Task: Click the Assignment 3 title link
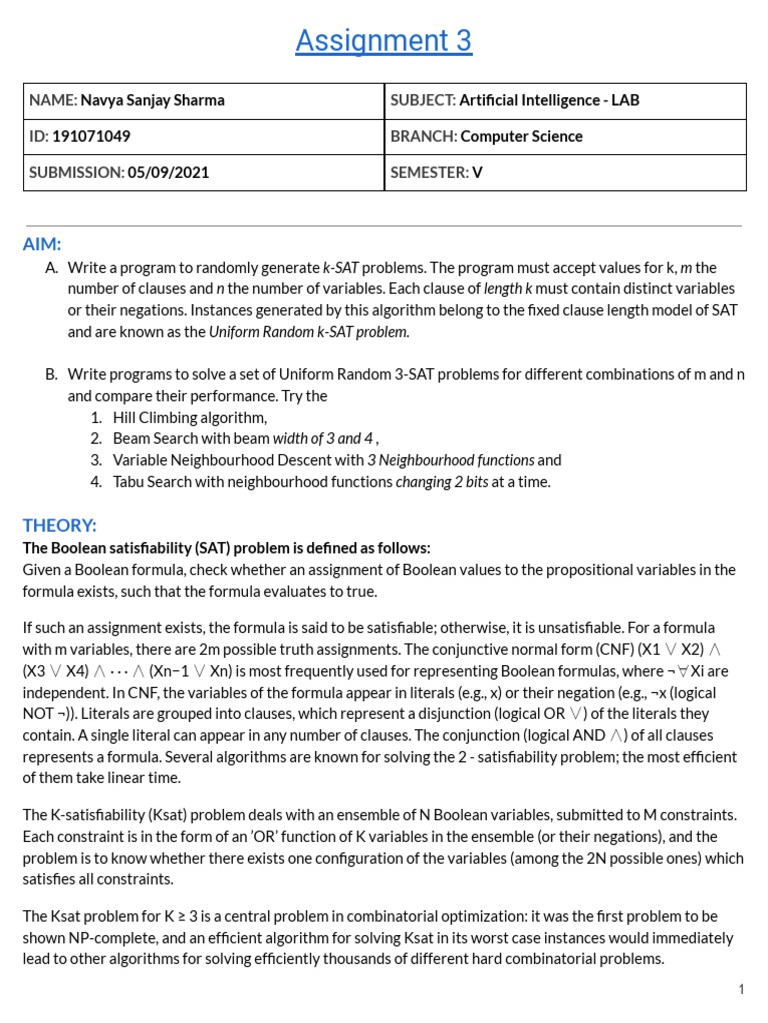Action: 383,41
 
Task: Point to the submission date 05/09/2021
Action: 168,172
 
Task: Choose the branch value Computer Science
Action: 521,136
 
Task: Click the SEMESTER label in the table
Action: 429,172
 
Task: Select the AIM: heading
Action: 42,244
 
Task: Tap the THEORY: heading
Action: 60,525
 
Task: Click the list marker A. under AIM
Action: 51,268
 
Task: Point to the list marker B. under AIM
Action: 51,374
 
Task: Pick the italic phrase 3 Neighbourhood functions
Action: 450,460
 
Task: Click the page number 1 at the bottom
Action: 741,989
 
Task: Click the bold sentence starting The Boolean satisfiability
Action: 227,548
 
